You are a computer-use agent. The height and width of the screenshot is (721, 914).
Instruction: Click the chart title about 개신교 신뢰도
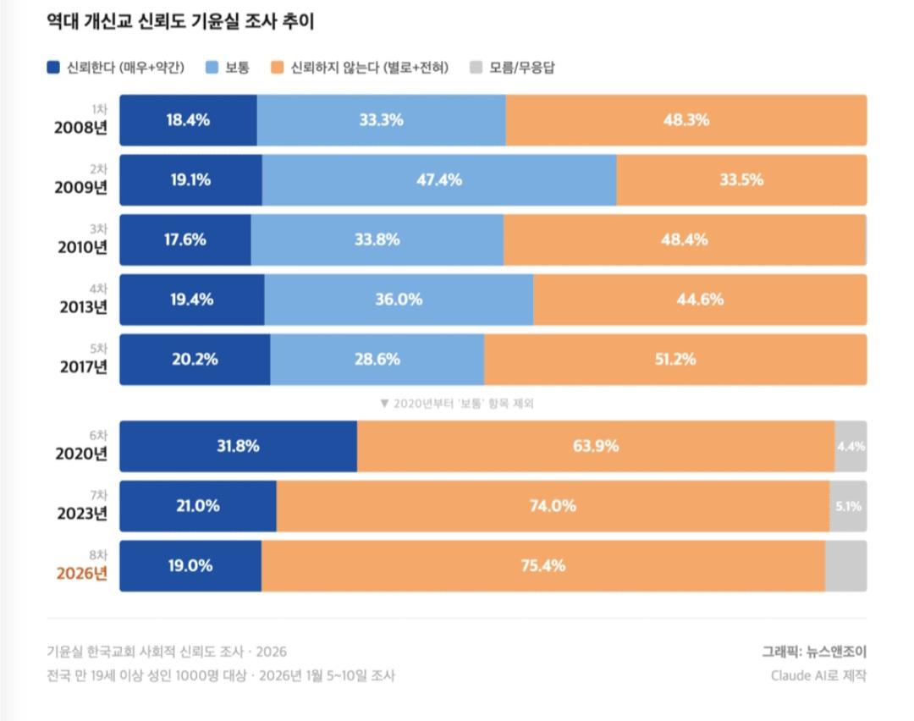[x=180, y=22]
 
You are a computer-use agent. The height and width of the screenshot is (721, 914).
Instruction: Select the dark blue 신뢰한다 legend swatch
[x=53, y=67]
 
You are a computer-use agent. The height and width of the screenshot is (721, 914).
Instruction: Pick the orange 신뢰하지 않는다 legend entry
[x=360, y=67]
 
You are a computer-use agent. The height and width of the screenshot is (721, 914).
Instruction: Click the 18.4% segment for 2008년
[x=188, y=120]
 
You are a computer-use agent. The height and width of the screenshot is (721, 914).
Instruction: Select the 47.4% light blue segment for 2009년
[x=438, y=179]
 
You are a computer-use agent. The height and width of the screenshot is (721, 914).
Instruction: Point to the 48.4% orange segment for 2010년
[x=684, y=239]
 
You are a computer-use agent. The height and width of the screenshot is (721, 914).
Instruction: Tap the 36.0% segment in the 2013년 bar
[x=399, y=300]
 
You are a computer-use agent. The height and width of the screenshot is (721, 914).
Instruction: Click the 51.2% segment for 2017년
[x=674, y=360]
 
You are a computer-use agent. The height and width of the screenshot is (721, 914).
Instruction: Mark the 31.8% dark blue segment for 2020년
[x=238, y=446]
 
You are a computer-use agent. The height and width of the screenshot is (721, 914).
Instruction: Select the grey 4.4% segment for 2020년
[x=851, y=446]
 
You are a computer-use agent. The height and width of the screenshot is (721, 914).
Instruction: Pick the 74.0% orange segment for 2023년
[x=553, y=506]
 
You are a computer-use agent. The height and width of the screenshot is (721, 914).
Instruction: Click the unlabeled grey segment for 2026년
[x=845, y=566]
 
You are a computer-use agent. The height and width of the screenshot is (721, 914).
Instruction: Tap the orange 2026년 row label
[x=82, y=574]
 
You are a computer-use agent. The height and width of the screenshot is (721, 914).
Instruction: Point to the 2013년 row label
[x=82, y=307]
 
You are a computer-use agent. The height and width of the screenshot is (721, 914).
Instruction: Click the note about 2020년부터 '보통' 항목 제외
[x=457, y=404]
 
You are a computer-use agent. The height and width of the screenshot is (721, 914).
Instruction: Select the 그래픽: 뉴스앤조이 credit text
[x=813, y=651]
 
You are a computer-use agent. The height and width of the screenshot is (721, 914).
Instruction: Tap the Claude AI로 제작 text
[x=818, y=675]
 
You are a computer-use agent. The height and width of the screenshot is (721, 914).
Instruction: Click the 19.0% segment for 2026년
[x=190, y=566]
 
